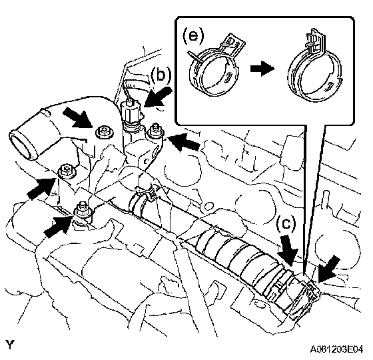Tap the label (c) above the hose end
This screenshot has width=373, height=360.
286,224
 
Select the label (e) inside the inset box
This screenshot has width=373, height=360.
193,36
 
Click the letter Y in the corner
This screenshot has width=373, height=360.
10,345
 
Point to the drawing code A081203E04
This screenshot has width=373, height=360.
336,349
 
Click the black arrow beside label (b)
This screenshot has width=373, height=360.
158,97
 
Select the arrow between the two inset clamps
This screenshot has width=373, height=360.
262,69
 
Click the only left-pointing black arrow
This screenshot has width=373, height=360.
184,142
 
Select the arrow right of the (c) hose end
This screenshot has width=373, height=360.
329,269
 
